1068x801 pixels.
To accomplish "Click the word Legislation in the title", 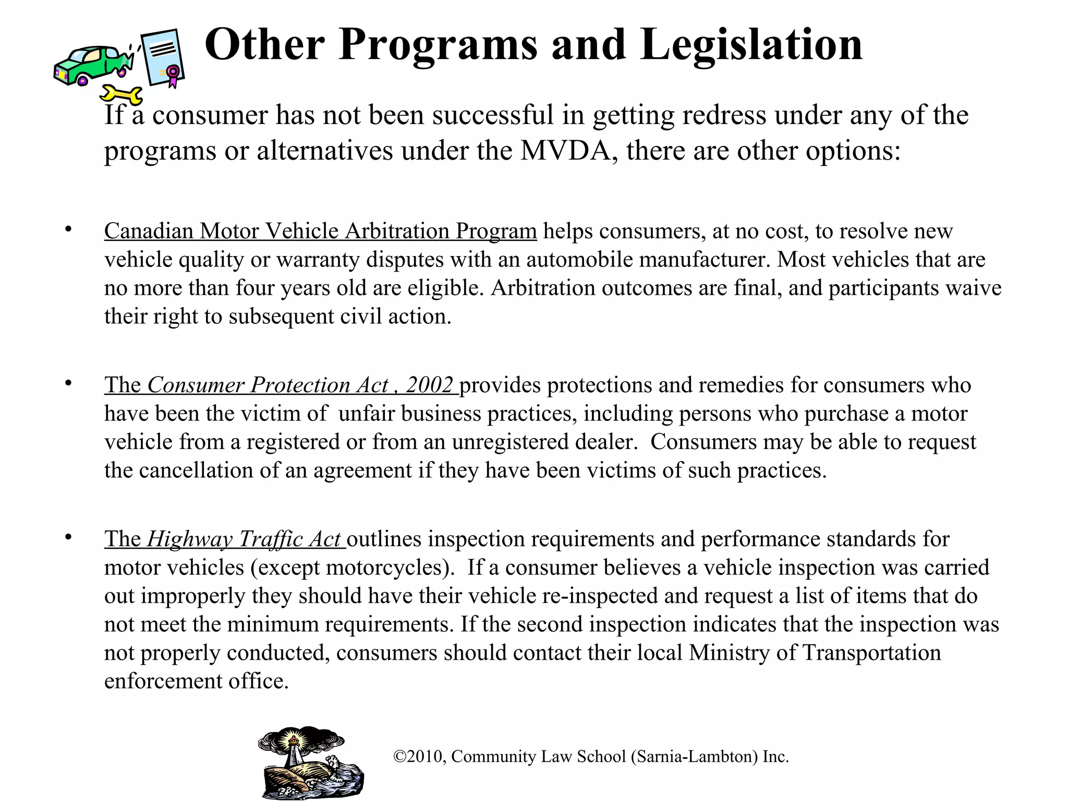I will pos(751,45).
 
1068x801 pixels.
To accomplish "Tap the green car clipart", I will pos(89,65).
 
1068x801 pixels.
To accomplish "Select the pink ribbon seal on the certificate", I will pos(173,75).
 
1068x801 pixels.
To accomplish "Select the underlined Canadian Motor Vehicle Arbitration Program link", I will pos(320,231).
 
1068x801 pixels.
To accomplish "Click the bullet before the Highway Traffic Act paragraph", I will pos(68,537).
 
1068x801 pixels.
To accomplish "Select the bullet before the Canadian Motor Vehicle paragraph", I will pos(68,229).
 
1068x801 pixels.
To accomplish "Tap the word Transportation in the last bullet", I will pos(871,653).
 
